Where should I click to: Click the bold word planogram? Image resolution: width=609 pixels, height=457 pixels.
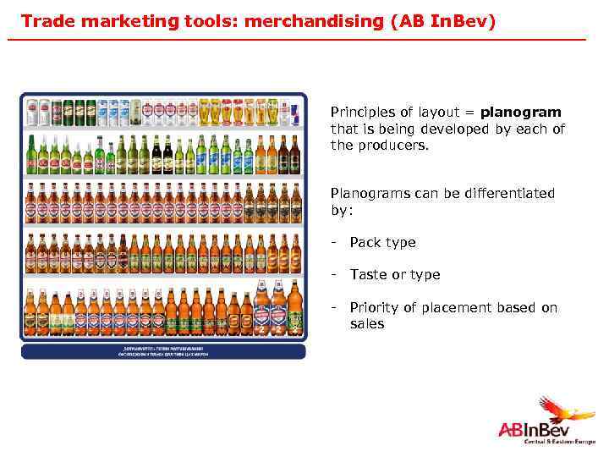(520, 113)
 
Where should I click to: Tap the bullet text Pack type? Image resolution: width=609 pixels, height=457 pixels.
(382, 243)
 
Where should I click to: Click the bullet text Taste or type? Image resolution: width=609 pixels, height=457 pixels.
(394, 275)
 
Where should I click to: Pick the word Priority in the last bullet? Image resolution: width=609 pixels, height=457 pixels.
(373, 308)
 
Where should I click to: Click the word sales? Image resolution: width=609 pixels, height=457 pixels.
(366, 324)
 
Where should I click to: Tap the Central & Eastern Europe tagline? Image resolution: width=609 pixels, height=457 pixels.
(559, 443)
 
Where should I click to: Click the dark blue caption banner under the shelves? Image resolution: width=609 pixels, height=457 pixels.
(162, 350)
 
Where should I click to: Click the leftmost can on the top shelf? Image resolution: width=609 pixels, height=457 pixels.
(32, 112)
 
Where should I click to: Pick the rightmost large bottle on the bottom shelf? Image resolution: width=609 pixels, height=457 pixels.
(294, 308)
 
